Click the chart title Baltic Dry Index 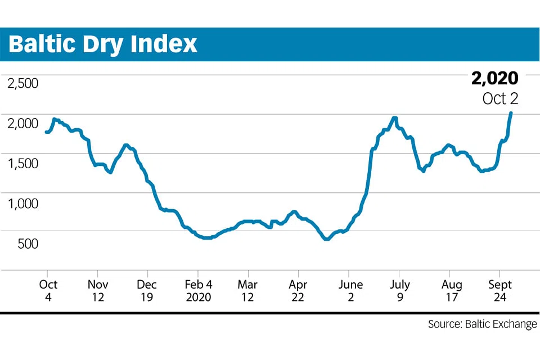coord(103,43)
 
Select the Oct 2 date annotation coord(500,98)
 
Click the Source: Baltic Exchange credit coord(482,325)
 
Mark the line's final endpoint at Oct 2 coord(511,113)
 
